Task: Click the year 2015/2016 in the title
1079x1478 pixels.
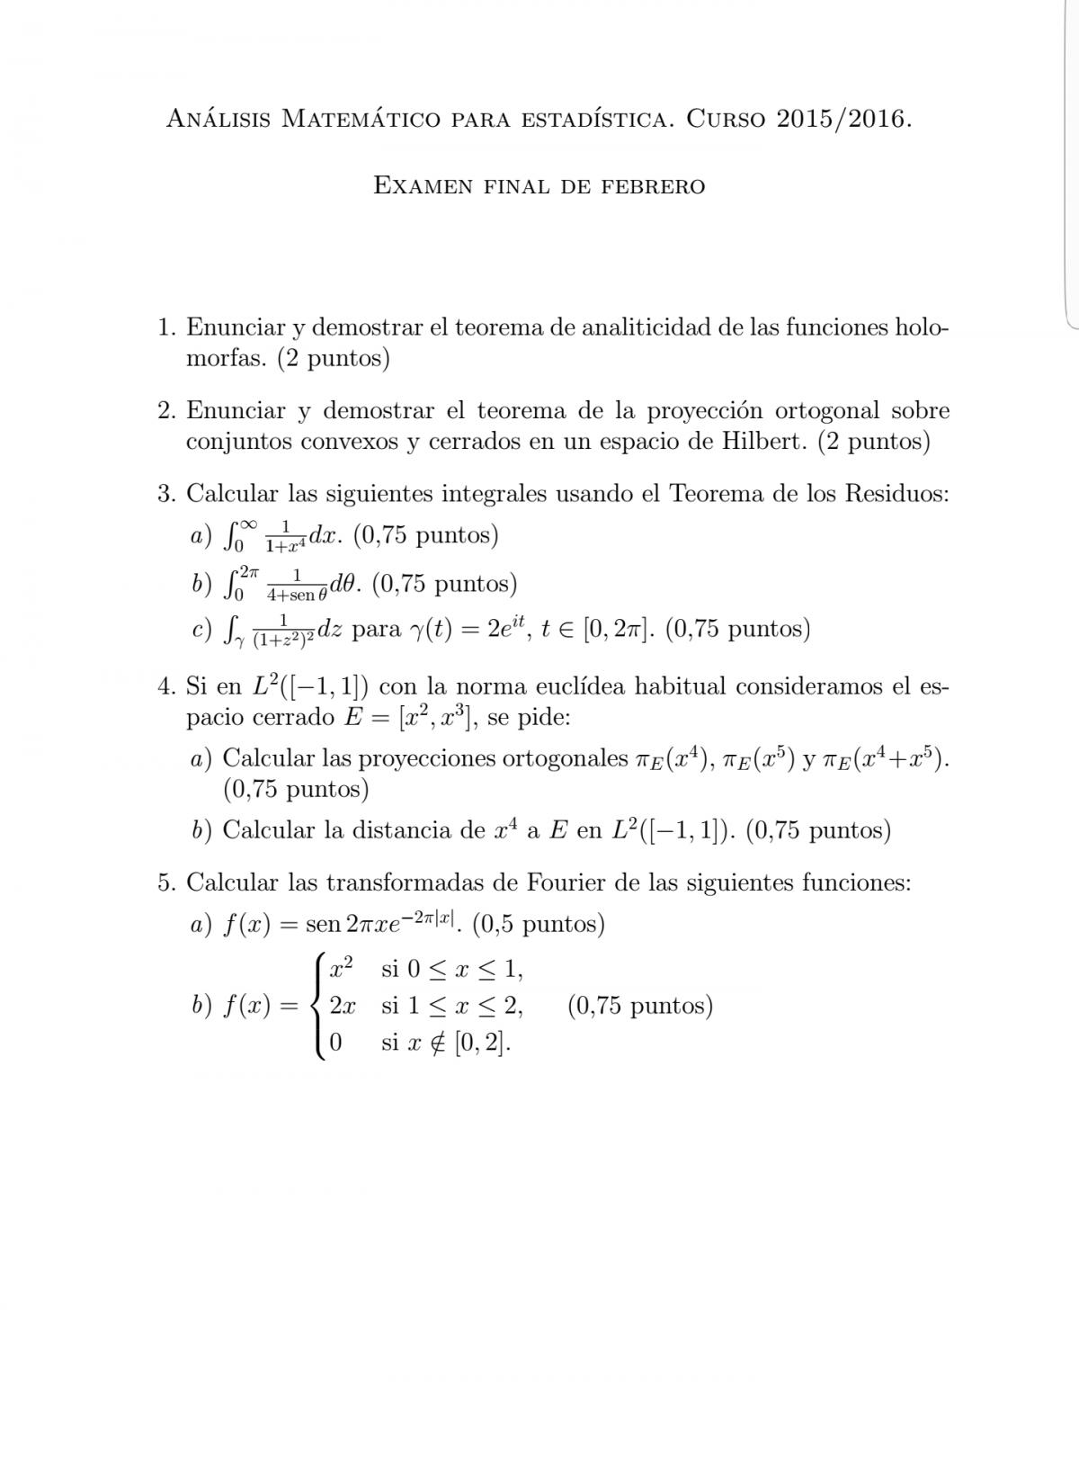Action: point(840,119)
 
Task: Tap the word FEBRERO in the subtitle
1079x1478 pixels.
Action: point(654,186)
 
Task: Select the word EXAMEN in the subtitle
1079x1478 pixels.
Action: point(423,186)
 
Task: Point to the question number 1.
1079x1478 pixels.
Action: point(165,327)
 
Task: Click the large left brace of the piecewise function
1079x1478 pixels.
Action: point(317,1007)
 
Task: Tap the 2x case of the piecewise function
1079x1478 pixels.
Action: point(342,1006)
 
